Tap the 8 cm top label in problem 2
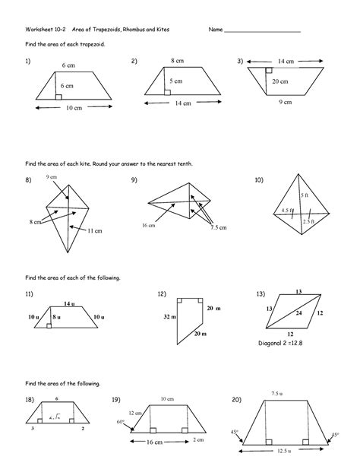178,59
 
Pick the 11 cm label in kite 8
95,230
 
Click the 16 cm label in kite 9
148,226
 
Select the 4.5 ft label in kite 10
287,211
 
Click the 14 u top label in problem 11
69,303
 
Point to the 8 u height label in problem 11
57,316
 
